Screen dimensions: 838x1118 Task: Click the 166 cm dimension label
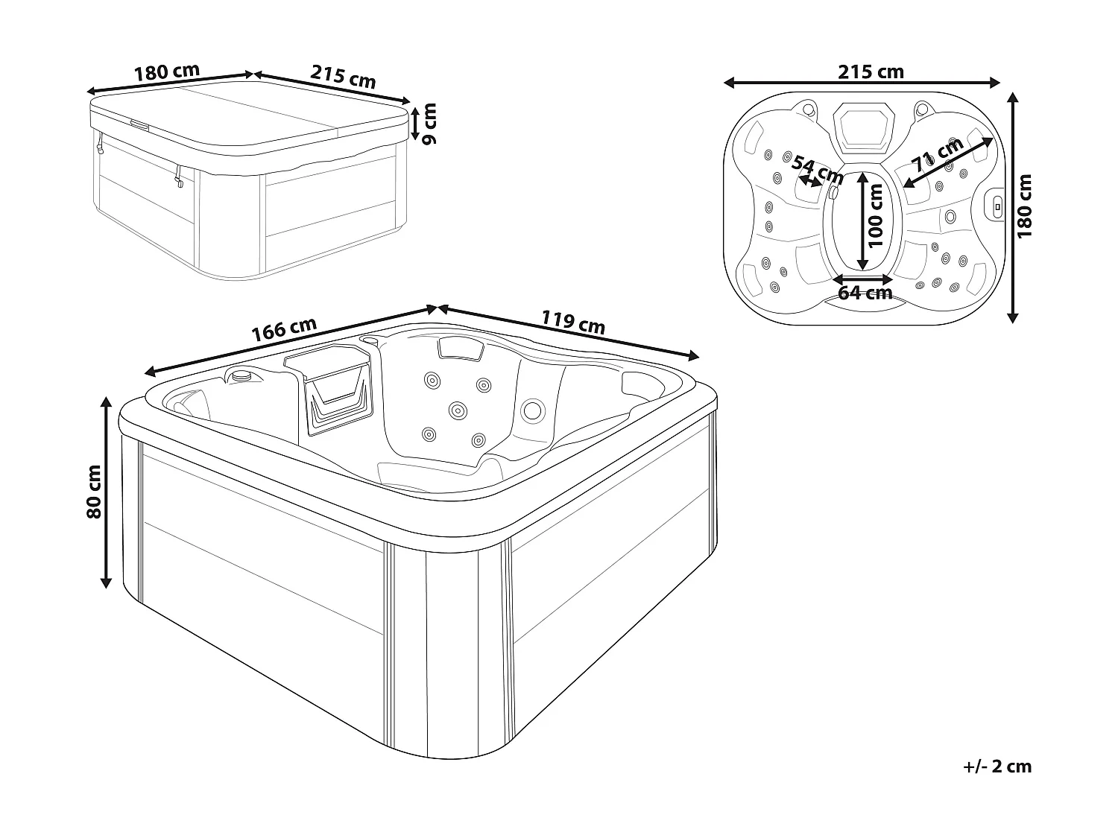(284, 329)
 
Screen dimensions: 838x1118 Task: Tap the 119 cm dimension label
(572, 323)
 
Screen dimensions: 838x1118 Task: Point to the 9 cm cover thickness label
(429, 124)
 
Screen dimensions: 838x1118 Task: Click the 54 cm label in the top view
(817, 171)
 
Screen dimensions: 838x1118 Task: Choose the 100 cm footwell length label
(875, 215)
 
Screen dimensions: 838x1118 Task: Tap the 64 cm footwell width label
(865, 292)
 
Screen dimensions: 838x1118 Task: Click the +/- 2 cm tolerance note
(997, 766)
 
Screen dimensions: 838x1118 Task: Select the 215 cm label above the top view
(871, 72)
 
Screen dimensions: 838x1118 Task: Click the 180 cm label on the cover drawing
(166, 72)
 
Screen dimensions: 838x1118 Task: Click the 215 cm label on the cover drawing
(343, 77)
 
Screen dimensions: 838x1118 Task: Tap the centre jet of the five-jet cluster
(457, 409)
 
